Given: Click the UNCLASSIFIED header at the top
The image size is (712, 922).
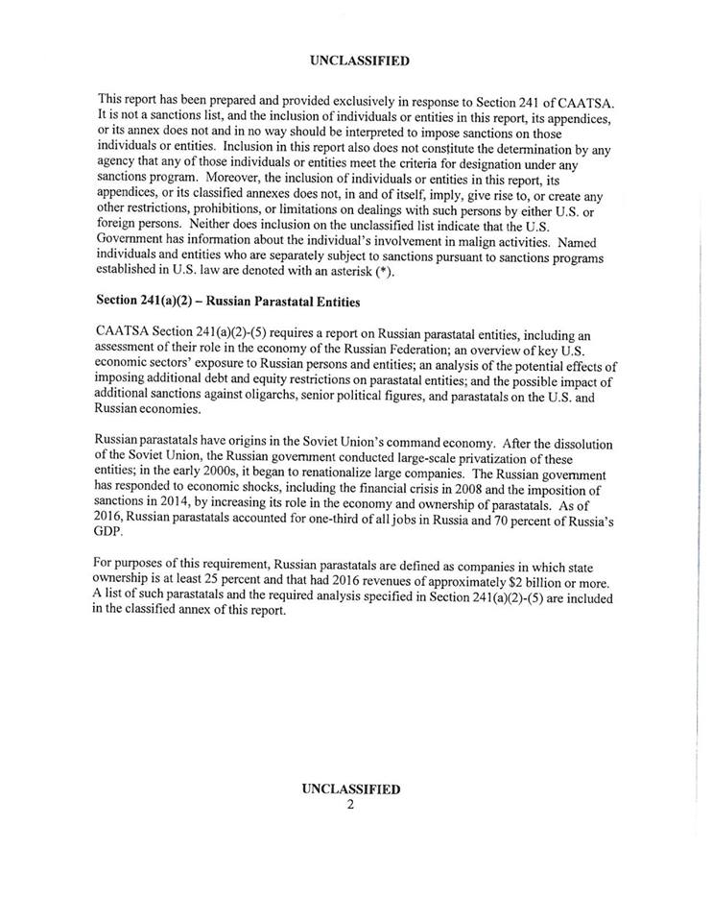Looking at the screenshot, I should (360, 61).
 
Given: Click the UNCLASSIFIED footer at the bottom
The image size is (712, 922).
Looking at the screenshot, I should (350, 789).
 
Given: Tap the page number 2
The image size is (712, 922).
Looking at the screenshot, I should (350, 805).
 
